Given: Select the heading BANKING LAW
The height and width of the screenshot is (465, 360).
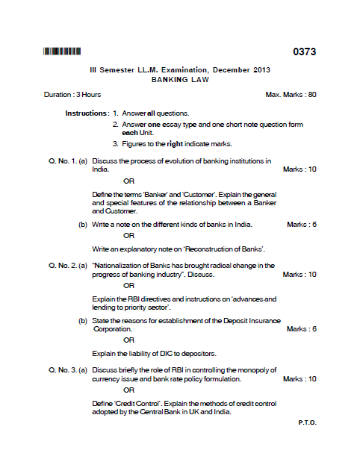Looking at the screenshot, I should pos(180,78).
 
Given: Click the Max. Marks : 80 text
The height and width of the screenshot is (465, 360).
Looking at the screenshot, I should pos(291,95).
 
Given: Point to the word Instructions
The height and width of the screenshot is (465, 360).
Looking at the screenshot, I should pos(87,113).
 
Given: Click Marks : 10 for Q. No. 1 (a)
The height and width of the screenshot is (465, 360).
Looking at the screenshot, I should pos(300,169).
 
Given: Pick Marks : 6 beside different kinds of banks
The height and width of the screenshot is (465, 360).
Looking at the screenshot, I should pos(302,224).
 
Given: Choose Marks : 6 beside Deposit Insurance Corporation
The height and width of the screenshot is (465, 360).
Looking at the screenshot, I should pos(302,329).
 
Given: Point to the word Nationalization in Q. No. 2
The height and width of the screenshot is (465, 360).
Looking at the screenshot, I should pos(119,265).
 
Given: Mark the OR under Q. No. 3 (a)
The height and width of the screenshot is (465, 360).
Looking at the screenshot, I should pos(128,390).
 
